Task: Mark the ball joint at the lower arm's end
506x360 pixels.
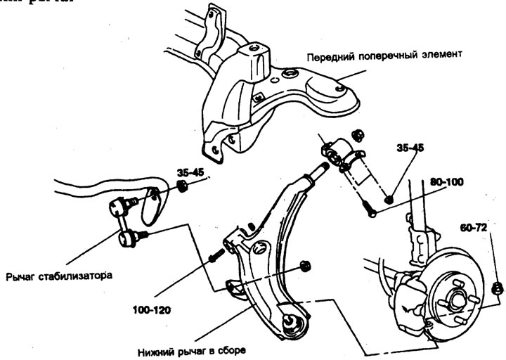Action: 293,321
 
